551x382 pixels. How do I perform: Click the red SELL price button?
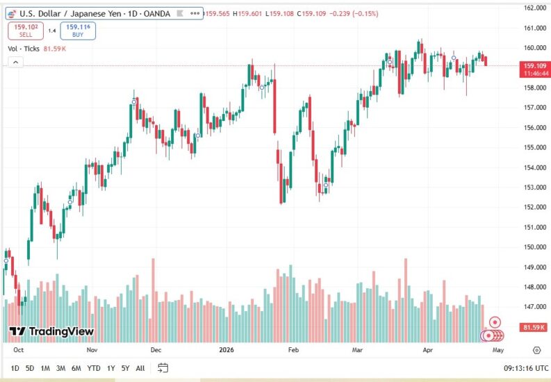pyautogui.click(x=26, y=30)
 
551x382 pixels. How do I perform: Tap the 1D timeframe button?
pyautogui.click(x=15, y=368)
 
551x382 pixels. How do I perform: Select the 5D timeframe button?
pyautogui.click(x=30, y=368)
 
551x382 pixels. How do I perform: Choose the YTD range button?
pyautogui.click(x=94, y=368)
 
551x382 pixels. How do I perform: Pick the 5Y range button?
pyautogui.click(x=125, y=368)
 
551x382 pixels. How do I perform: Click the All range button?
pyautogui.click(x=140, y=368)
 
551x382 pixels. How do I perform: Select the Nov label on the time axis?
pyautogui.click(x=92, y=350)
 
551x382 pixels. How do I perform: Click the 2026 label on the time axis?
pyautogui.click(x=227, y=350)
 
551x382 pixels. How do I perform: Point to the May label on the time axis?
pyautogui.click(x=497, y=350)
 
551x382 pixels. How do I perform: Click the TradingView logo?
pyautogui.click(x=51, y=331)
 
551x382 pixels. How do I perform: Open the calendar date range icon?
pyautogui.click(x=163, y=367)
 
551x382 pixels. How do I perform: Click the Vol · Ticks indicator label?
pyautogui.click(x=24, y=49)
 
